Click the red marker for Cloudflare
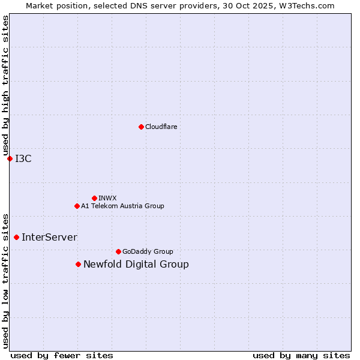tap(141, 127)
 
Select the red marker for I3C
tap(10, 158)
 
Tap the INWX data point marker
tap(94, 198)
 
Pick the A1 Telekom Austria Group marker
tap(77, 206)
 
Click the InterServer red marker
tap(16, 237)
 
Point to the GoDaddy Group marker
tap(118, 251)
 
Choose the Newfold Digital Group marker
tap(78, 264)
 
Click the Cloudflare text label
tap(161, 127)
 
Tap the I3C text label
tap(23, 158)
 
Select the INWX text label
tap(107, 198)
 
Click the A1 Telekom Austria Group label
tap(122, 206)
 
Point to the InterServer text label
tap(49, 237)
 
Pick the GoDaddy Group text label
tap(148, 251)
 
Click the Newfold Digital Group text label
tap(136, 264)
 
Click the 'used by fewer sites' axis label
tap(62, 355)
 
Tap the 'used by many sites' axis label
tap(301, 355)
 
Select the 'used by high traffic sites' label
tap(5, 85)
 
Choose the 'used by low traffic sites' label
tap(5, 281)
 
